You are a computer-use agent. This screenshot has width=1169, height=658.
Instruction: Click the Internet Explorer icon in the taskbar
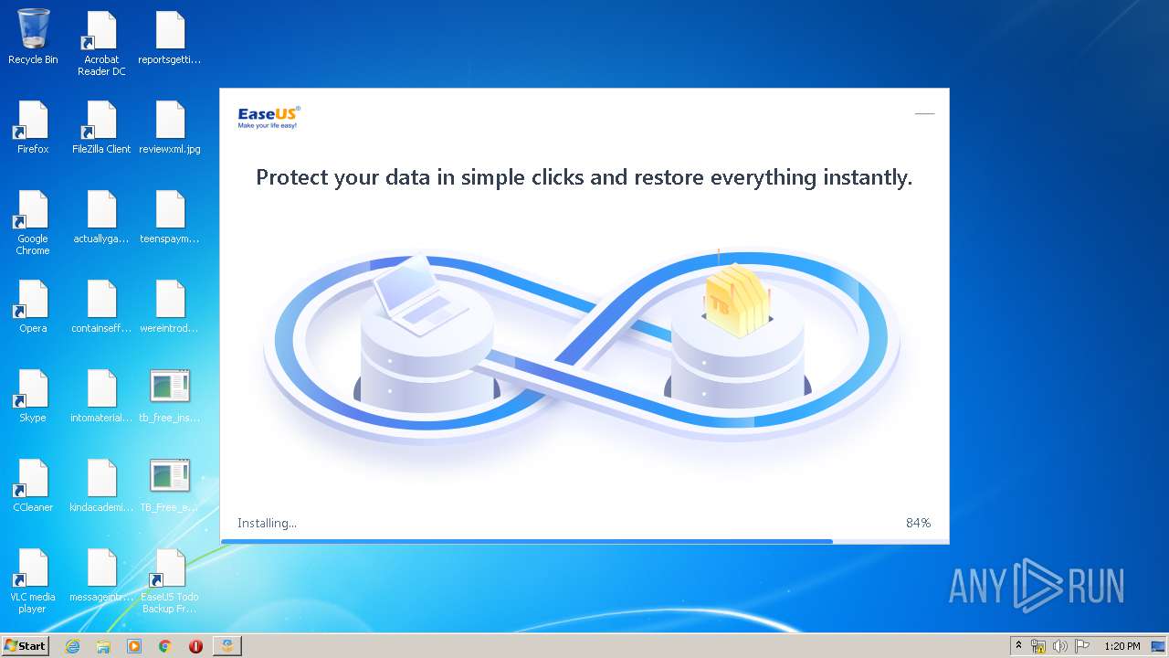pyautogui.click(x=73, y=646)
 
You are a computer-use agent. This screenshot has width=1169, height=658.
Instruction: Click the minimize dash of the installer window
pyautogui.click(x=924, y=114)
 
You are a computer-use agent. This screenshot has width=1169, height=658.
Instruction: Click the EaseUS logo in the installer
pyautogui.click(x=269, y=117)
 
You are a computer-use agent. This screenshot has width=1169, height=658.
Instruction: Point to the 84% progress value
pyautogui.click(x=918, y=523)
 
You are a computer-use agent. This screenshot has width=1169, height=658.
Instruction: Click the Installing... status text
pyautogui.click(x=267, y=523)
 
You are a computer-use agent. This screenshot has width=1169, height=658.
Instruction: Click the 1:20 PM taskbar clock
pyautogui.click(x=1122, y=646)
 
